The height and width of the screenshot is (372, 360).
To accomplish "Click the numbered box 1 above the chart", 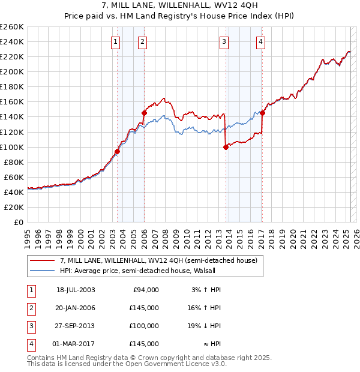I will [x=115, y=42].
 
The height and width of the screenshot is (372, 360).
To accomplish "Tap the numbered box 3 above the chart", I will [x=224, y=42].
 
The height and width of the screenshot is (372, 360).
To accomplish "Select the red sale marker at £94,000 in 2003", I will [x=118, y=151].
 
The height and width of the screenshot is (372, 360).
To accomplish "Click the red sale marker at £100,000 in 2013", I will [x=226, y=146].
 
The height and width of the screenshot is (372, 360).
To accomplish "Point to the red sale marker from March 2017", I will [x=262, y=113].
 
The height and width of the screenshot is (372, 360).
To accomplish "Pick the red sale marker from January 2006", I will [x=144, y=113].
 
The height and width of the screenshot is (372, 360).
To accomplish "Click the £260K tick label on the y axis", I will [x=11, y=27].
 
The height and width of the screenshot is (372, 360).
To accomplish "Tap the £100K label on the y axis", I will [x=11, y=147].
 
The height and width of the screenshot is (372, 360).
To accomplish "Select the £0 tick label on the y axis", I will [x=18, y=223].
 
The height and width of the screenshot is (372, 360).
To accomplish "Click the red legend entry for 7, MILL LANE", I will [x=158, y=260].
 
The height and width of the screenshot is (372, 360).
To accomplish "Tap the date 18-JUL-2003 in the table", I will [x=76, y=290].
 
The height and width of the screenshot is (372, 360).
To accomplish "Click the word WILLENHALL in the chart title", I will [x=171, y=4].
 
